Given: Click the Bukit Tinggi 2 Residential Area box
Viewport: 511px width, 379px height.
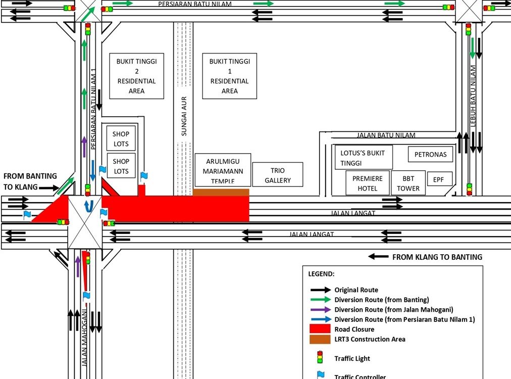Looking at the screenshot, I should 136,76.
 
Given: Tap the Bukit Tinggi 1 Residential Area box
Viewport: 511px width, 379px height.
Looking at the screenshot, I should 230,76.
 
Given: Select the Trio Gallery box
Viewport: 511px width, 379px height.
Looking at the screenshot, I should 277,175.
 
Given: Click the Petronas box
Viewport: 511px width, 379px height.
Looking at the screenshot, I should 430,154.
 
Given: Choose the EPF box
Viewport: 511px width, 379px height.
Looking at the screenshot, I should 439,178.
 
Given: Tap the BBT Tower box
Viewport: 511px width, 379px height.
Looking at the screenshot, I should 408,183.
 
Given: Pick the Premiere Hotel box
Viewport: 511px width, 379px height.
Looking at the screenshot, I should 367,183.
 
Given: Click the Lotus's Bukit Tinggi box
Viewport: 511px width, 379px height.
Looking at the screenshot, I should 363,158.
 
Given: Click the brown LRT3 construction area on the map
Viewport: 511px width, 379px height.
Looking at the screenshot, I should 221,193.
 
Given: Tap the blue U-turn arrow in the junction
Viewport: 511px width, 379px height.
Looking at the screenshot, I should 89,205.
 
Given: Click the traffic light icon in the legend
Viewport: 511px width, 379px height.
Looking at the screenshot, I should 319,358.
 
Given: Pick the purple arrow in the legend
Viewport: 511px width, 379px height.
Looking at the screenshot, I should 320,310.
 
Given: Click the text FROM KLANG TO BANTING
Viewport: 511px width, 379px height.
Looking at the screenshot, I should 437,257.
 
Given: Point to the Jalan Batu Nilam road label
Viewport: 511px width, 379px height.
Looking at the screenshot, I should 386,135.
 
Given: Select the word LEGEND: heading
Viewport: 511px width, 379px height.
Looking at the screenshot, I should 321,274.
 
